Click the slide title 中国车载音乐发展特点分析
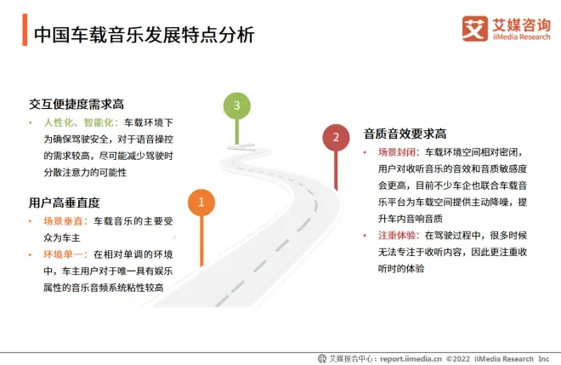coord(144,35)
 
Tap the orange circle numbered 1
coord(201,202)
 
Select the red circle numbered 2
coord(336,138)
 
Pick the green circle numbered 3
coord(237,106)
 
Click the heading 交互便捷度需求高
coord(76,105)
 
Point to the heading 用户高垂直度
coord(65,202)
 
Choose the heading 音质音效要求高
coord(405,134)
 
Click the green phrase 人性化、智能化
coord(78,123)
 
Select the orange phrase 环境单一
coord(63,254)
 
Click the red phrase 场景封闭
coord(397,152)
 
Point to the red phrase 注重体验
coord(397,236)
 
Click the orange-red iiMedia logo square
coord(475,29)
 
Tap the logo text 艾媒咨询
coord(521,25)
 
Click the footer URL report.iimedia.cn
coord(411,358)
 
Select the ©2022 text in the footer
coord(458,358)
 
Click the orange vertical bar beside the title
coord(25,30)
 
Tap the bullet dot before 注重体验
coord(365,236)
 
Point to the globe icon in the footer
coord(322,358)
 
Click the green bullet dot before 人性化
coord(31,123)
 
